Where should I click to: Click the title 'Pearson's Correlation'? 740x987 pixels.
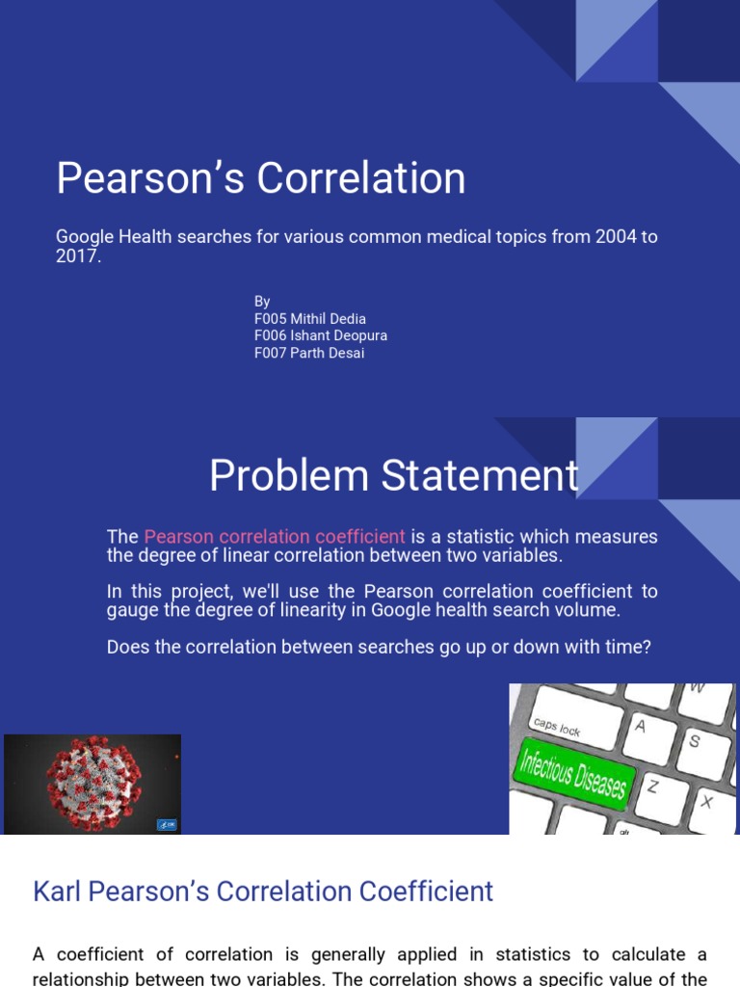click(x=260, y=178)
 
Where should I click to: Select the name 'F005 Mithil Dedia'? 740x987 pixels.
click(x=309, y=318)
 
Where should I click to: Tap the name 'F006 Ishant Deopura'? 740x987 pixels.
click(x=320, y=335)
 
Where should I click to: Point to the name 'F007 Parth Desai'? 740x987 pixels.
click(x=308, y=353)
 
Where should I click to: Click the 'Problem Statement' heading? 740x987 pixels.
click(x=394, y=476)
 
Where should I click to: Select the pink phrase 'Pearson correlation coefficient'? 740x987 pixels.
click(x=275, y=537)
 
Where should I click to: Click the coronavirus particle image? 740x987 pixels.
click(x=92, y=783)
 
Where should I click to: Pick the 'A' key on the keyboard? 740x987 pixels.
click(x=640, y=728)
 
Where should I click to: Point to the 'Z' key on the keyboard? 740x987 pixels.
click(x=652, y=787)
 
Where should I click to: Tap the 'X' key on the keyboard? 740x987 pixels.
click(x=707, y=800)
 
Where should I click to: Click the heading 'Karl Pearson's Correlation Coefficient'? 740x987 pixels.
click(x=263, y=891)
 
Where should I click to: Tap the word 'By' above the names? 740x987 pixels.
click(x=262, y=302)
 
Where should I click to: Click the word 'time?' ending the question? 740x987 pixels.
click(x=626, y=647)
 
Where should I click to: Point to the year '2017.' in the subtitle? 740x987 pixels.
click(x=78, y=257)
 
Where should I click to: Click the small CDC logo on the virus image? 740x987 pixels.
click(x=166, y=825)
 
